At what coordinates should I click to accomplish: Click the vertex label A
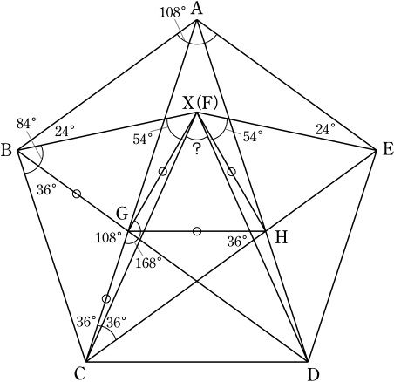197,9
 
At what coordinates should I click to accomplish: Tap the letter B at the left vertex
6,151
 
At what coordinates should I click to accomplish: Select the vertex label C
79,373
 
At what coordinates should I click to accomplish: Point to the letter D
313,375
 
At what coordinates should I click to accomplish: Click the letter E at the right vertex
388,151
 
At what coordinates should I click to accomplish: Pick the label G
122,215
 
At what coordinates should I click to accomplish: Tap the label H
281,238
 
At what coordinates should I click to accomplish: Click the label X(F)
200,104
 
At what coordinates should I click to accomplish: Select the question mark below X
197,150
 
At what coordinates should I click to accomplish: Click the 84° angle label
26,123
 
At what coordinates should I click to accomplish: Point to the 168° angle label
148,263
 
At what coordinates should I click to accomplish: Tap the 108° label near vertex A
173,13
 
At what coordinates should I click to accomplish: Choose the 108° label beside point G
108,238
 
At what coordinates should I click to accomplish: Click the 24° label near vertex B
65,131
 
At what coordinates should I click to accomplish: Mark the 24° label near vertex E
325,129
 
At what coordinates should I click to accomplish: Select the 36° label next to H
237,242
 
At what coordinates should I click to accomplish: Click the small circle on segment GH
197,231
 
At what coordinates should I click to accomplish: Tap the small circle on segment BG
77,194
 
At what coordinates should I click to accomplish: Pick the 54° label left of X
143,139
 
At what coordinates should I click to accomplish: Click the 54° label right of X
253,136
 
